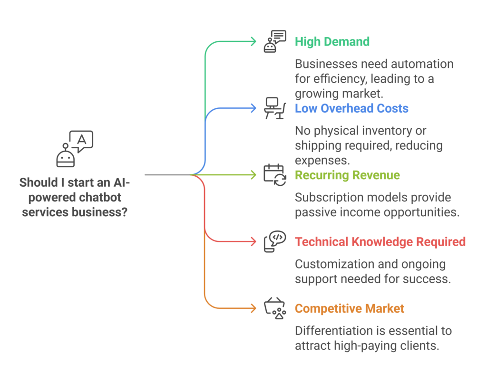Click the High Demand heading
[x=332, y=41]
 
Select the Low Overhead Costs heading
[x=351, y=108]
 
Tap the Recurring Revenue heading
[x=347, y=175]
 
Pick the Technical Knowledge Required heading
[x=380, y=241]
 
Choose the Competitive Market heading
[x=350, y=308]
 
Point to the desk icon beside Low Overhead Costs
[x=274, y=108]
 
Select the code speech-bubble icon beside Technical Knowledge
[x=274, y=241]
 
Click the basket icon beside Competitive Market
[x=274, y=308]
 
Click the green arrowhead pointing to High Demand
[x=253, y=41]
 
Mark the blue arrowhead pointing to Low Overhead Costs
[x=253, y=108]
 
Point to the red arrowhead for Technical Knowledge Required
[x=253, y=241]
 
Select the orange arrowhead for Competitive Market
[x=253, y=308]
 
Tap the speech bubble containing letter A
[x=81, y=140]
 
